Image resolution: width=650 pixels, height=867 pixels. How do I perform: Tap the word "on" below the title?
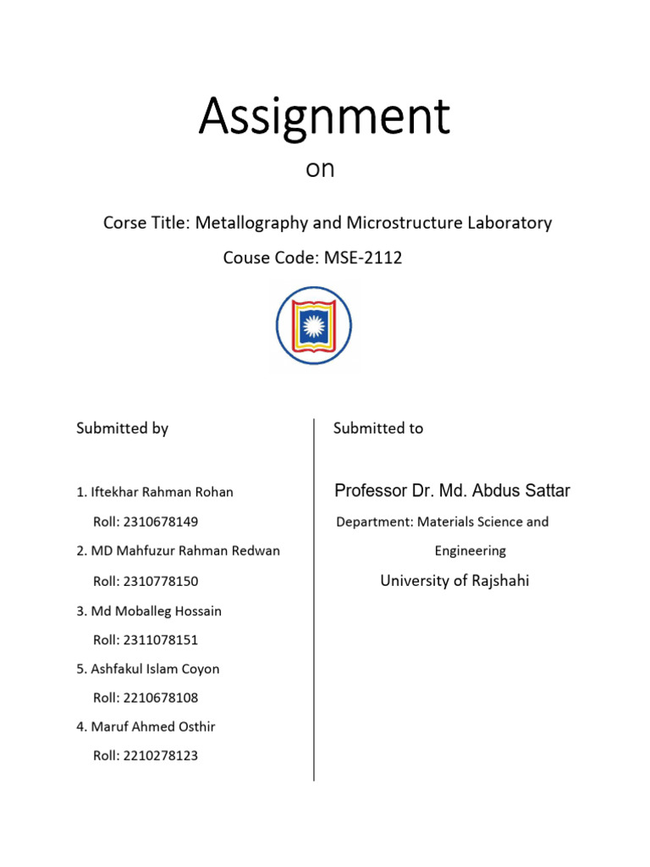(x=320, y=169)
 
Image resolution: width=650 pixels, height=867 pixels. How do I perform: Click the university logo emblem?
(x=314, y=326)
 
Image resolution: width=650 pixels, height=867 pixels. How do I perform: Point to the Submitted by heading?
(x=122, y=428)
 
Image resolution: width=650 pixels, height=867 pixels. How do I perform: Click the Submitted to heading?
(x=378, y=428)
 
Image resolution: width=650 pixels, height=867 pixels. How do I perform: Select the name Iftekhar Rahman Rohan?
(x=161, y=492)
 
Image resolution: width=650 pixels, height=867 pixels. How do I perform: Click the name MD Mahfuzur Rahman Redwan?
(x=185, y=551)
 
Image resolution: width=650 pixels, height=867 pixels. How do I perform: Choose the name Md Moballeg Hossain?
(x=155, y=610)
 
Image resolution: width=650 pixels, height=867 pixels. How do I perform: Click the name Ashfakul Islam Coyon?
(x=154, y=669)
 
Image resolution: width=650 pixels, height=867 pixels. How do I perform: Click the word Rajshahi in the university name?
(x=497, y=581)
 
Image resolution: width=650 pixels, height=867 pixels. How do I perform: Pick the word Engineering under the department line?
(x=471, y=551)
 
